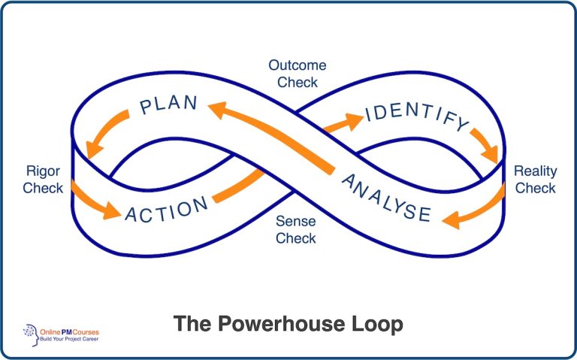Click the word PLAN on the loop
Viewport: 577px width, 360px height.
[x=169, y=104]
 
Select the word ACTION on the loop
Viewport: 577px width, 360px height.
[x=167, y=209]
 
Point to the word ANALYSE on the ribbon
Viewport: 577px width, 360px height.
[x=386, y=198]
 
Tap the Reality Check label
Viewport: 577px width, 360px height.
[x=535, y=180]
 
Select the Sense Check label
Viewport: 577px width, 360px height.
[x=295, y=230]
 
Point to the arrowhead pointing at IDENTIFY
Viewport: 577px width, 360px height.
[x=353, y=120]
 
